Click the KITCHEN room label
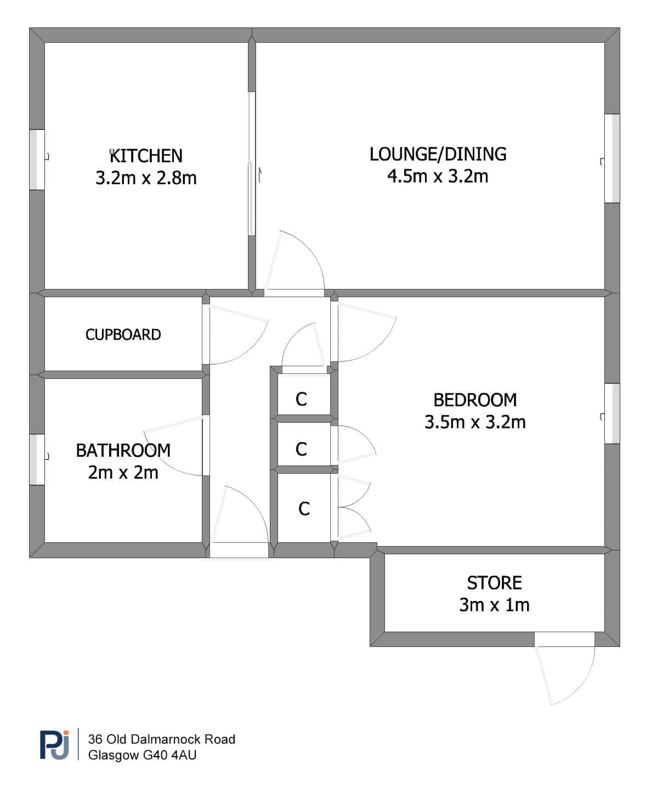point(146,156)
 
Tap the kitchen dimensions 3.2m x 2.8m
point(146,178)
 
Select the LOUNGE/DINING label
point(438,154)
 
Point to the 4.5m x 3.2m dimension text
point(438,177)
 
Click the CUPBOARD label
point(123,334)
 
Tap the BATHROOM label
point(123,451)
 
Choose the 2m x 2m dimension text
point(123,473)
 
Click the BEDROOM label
point(475,400)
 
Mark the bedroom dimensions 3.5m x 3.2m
point(475,422)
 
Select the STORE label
point(494,582)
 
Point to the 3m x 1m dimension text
point(494,605)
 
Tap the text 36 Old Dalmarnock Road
point(161,740)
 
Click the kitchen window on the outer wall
point(37,160)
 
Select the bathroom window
point(37,459)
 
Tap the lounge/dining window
point(613,158)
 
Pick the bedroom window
point(613,413)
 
